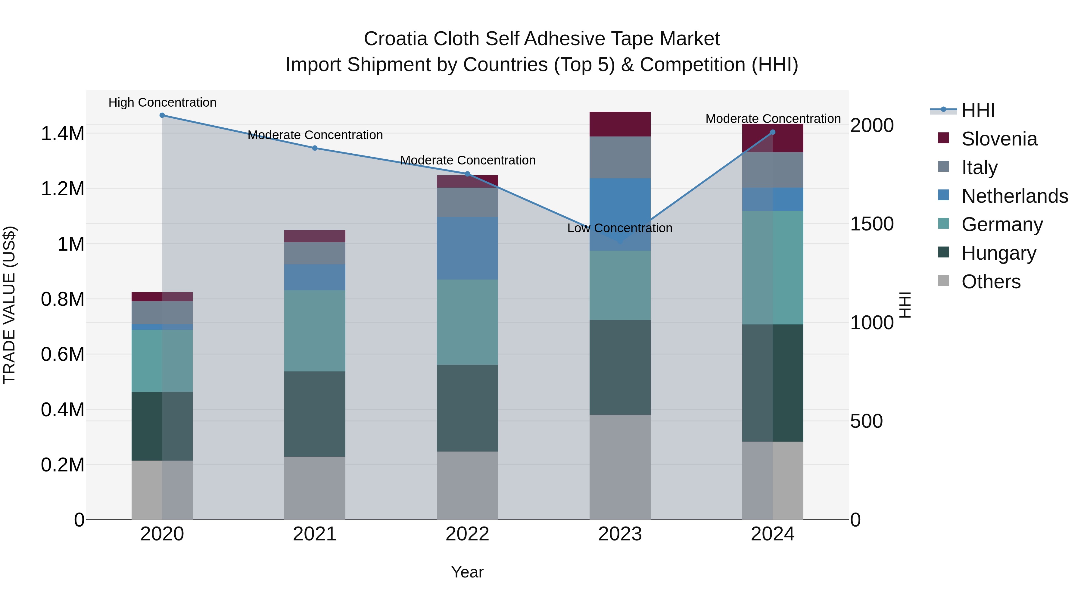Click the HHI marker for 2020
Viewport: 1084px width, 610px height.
pos(162,115)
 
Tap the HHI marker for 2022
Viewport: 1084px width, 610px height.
pos(467,174)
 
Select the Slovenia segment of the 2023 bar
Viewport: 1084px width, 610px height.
pos(620,124)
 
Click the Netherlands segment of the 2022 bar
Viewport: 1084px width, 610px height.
pos(467,248)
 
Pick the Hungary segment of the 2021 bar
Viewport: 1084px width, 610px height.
pos(314,414)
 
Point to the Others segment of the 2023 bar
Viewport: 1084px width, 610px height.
pos(620,467)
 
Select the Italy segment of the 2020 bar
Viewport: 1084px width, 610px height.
pos(162,312)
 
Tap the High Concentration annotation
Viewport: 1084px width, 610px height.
pos(162,103)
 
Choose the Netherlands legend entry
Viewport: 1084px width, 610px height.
pos(1014,196)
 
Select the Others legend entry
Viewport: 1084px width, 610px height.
pos(991,282)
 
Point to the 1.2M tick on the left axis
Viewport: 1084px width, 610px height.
pos(62,189)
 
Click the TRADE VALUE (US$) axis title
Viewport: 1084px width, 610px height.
pos(9,305)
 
